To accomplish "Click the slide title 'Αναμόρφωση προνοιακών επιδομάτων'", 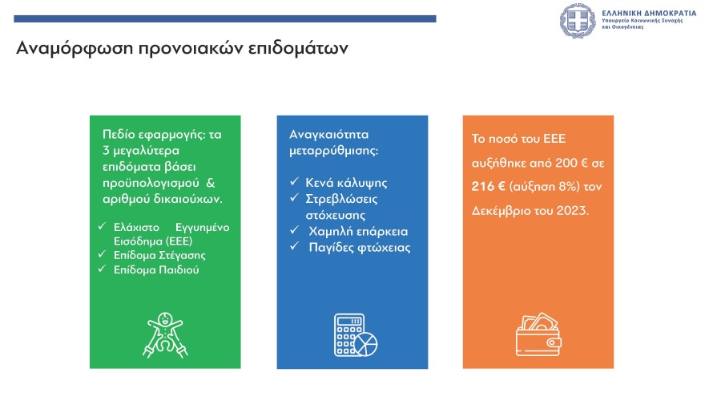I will point(182,48).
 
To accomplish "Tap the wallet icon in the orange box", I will point(538,332).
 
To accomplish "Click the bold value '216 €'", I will point(489,186).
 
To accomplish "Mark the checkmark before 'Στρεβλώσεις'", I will point(294,199).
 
